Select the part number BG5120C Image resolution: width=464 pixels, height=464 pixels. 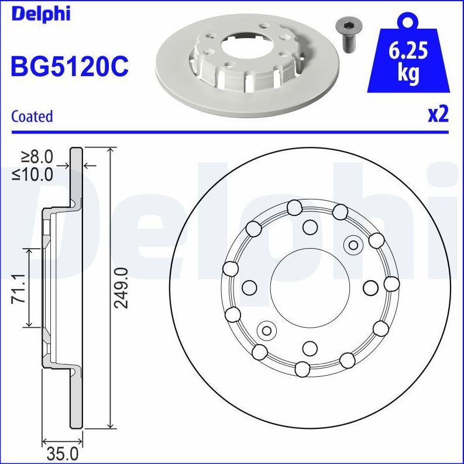[68, 67]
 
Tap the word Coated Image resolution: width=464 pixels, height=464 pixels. [32, 116]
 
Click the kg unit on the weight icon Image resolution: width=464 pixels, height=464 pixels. [407, 74]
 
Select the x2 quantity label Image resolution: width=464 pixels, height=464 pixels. [437, 115]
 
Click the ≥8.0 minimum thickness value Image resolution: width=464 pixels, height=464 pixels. [37, 157]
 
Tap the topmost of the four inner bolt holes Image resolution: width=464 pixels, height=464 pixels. [310, 225]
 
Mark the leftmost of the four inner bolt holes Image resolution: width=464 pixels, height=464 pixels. [249, 287]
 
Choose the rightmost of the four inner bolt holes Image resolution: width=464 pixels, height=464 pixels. [370, 287]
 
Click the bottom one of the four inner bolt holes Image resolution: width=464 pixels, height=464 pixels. [310, 349]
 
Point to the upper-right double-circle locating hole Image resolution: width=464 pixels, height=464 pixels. [353, 245]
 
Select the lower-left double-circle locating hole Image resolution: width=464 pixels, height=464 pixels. [267, 331]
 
